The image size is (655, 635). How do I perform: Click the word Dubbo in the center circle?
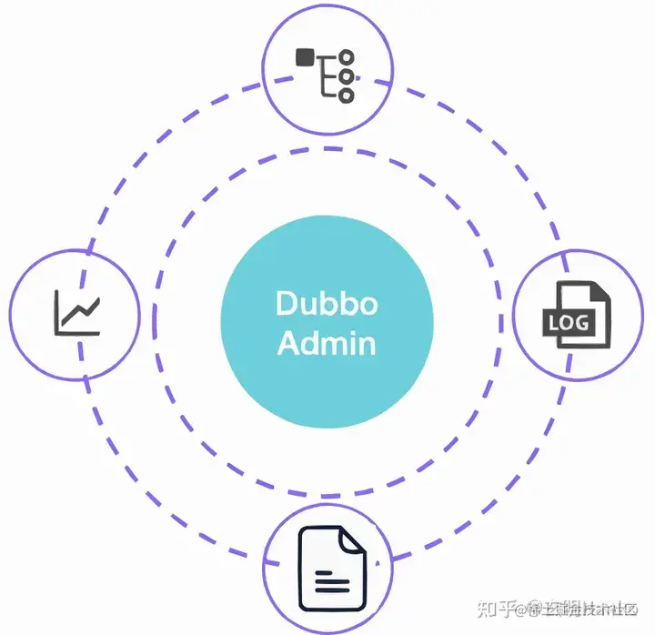point(327,303)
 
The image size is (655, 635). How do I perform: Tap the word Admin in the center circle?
point(327,344)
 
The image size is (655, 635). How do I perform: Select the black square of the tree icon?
point(305,57)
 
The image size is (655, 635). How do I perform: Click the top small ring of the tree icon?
point(346,57)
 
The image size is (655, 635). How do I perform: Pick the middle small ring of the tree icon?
point(346,76)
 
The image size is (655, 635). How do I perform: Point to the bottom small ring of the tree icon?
point(346,95)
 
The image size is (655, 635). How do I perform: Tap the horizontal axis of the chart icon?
point(77,333)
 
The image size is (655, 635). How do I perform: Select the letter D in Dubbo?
point(286,303)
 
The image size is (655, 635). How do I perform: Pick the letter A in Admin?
point(287,344)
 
